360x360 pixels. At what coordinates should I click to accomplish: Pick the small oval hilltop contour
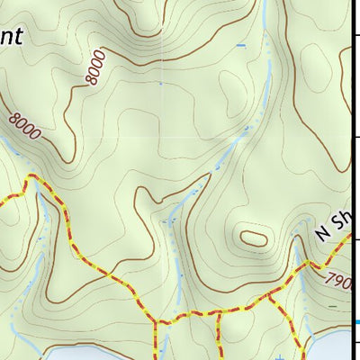click(252, 238)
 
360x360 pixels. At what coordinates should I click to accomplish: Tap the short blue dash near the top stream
click(240, 45)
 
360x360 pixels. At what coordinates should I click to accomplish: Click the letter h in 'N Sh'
click(346, 217)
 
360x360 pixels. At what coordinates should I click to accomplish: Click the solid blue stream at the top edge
click(266, 13)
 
